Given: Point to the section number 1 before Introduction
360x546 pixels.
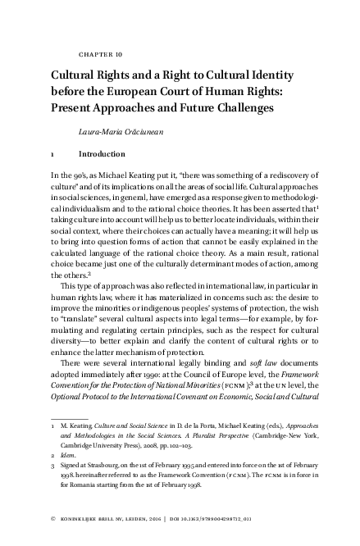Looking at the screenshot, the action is coord(52,153).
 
